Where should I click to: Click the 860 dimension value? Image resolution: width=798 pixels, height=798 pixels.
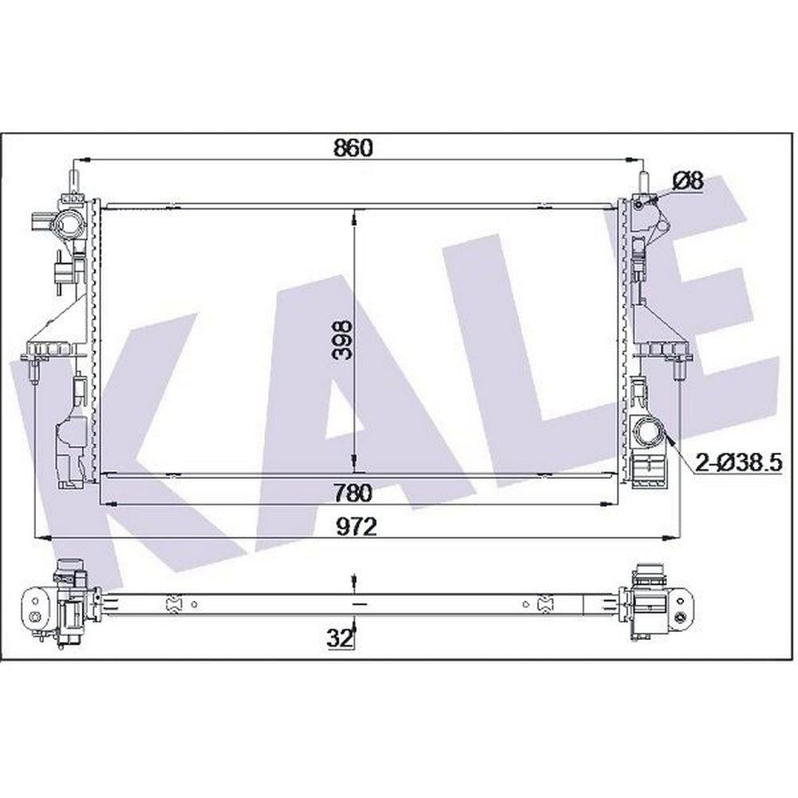(354, 148)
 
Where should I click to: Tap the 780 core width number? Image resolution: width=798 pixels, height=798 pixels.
(354, 492)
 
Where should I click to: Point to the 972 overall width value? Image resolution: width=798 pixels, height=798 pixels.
(357, 527)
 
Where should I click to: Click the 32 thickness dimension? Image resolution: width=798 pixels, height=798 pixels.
(339, 638)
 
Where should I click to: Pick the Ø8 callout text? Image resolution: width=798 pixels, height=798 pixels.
(688, 180)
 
